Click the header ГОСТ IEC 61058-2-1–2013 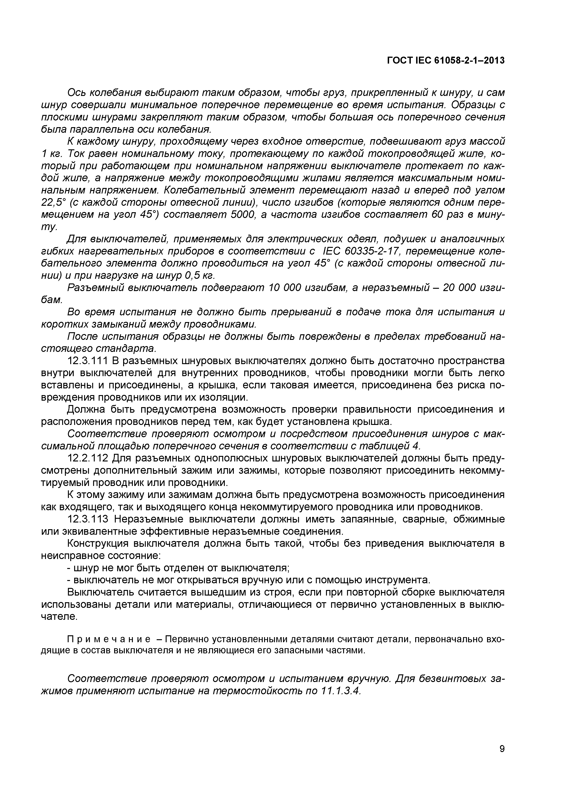(x=446, y=61)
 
